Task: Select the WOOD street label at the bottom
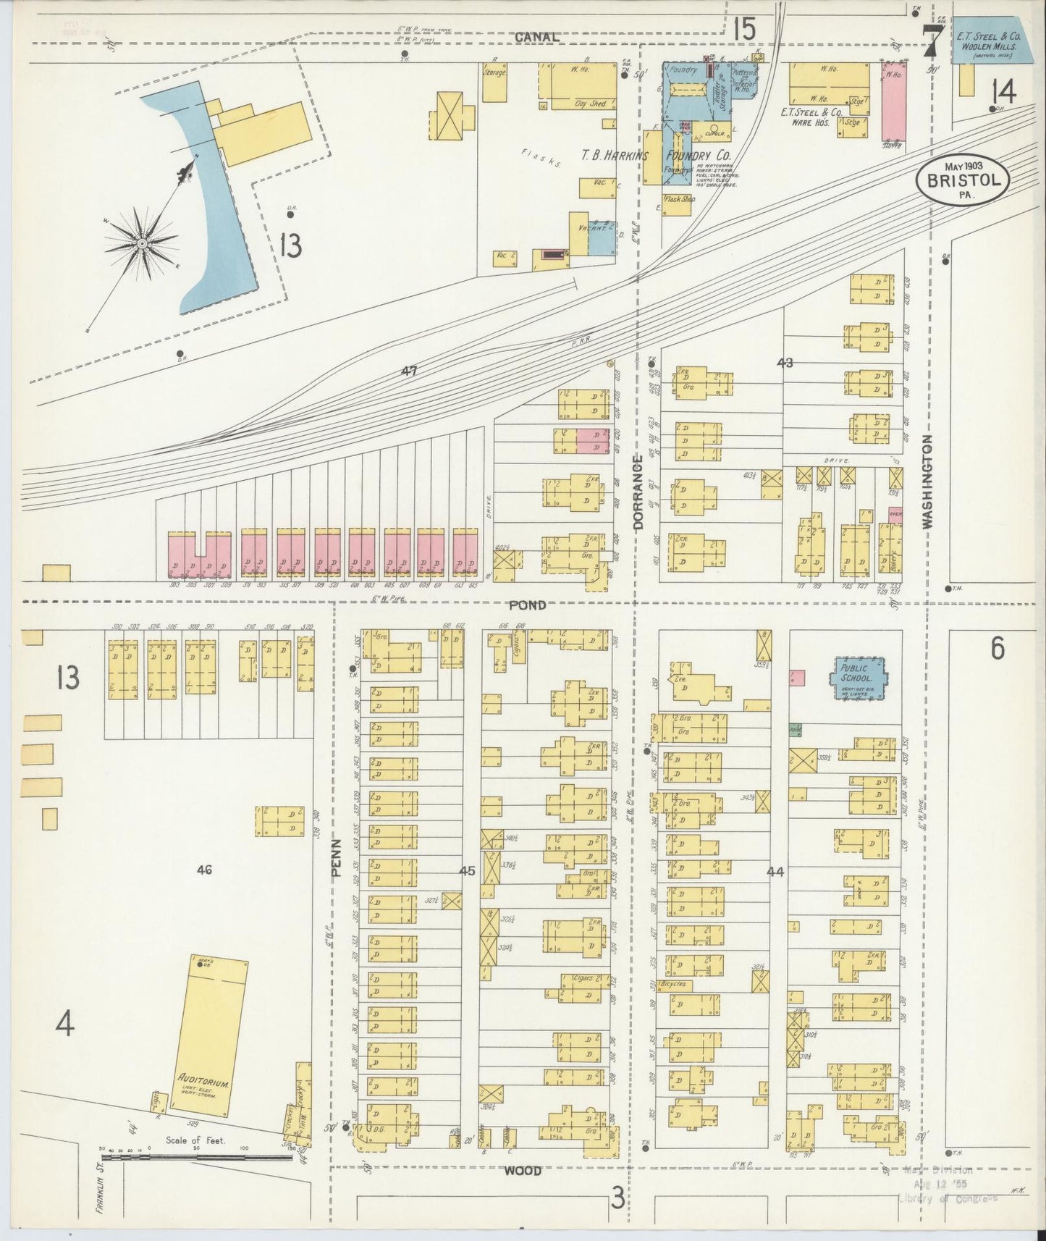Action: coord(522,1191)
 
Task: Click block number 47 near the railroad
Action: coord(410,371)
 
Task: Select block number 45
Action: coord(467,871)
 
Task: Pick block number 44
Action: coord(775,872)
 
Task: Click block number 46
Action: coord(204,870)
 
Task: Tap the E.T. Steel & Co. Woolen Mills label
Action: coord(988,40)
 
